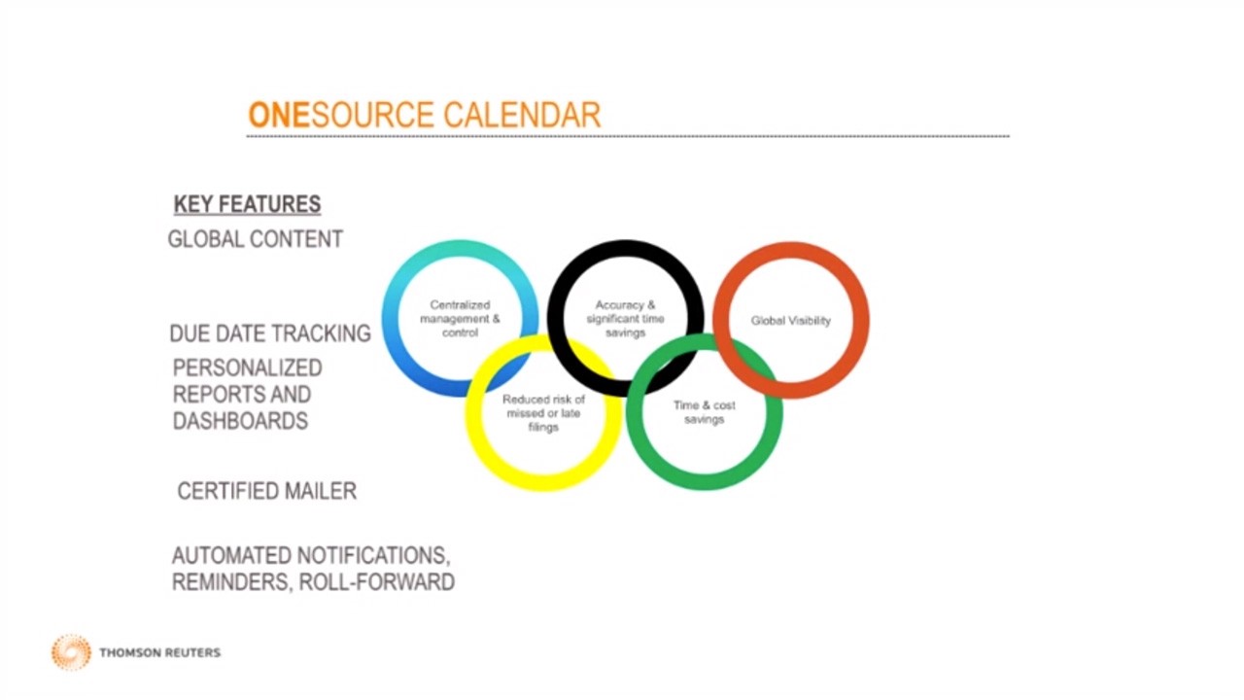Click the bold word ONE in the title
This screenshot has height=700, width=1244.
(278, 115)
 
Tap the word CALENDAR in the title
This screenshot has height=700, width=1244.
(522, 115)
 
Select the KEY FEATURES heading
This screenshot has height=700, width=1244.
(247, 204)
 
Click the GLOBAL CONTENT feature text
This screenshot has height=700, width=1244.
(256, 239)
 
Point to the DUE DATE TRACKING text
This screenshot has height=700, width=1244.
(270, 333)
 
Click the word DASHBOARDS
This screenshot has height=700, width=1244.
(240, 421)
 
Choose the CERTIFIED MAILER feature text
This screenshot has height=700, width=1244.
(267, 491)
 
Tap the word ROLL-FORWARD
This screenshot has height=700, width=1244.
(376, 582)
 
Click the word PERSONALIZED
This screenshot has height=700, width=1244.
(247, 367)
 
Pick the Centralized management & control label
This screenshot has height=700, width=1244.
(460, 319)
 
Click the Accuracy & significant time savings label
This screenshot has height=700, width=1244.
(625, 319)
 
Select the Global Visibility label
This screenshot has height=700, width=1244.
(791, 321)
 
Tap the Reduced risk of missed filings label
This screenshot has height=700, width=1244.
(543, 413)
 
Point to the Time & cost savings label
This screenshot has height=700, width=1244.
(705, 412)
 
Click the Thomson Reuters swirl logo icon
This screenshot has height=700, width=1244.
(71, 652)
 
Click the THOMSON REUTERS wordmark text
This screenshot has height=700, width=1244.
(160, 652)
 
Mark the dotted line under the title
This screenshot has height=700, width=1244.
(628, 135)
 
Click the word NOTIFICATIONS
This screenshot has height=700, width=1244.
(372, 555)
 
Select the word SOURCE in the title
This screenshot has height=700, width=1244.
(372, 115)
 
